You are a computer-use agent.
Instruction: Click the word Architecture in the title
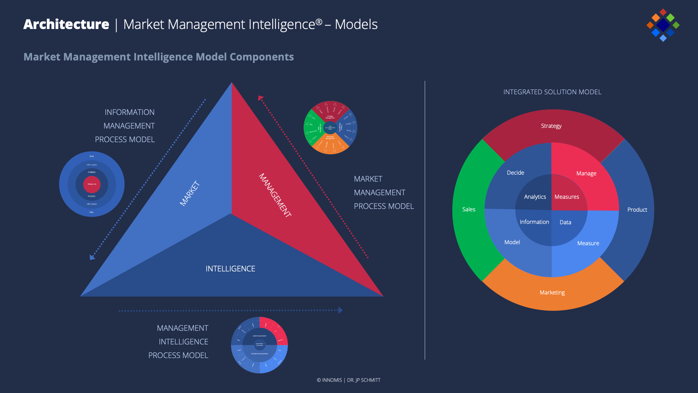[66, 24]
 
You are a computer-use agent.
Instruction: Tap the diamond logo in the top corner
[663, 25]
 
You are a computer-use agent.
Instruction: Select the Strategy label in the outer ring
[551, 126]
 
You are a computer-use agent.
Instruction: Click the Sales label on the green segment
[469, 209]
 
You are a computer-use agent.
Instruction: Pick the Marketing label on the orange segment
[552, 292]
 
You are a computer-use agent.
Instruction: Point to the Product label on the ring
[637, 210]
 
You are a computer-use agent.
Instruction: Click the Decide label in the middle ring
[515, 173]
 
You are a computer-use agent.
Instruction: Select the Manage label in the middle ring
[586, 173]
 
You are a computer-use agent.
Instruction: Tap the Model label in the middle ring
[512, 242]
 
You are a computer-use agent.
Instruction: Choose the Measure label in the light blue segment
[588, 243]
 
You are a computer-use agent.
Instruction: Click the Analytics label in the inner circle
[535, 197]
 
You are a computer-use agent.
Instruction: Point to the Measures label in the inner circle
[567, 197]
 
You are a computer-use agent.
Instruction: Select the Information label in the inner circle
[534, 222]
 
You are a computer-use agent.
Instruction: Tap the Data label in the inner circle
[565, 222]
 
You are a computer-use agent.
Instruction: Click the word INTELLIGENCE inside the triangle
[230, 269]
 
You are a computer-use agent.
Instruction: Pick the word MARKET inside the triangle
[190, 193]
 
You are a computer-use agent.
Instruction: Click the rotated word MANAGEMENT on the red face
[275, 195]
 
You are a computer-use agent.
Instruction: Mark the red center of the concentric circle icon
[92, 184]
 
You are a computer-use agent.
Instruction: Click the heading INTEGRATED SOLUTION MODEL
[552, 92]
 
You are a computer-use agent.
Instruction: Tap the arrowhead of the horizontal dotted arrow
[341, 310]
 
